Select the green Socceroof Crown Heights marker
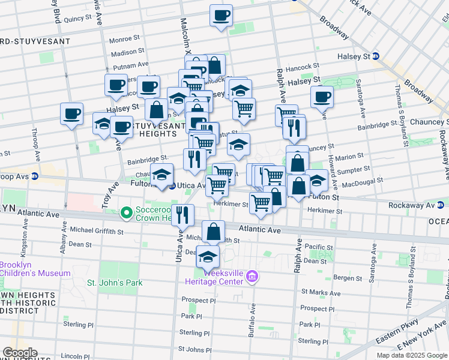point(127,213)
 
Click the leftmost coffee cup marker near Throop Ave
point(71,113)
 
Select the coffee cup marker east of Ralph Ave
point(322,96)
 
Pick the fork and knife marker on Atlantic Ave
point(182,214)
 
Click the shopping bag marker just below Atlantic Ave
point(213,231)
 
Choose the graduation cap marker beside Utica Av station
point(161,174)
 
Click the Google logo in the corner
point(19,353)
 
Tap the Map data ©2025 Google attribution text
point(411,355)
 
